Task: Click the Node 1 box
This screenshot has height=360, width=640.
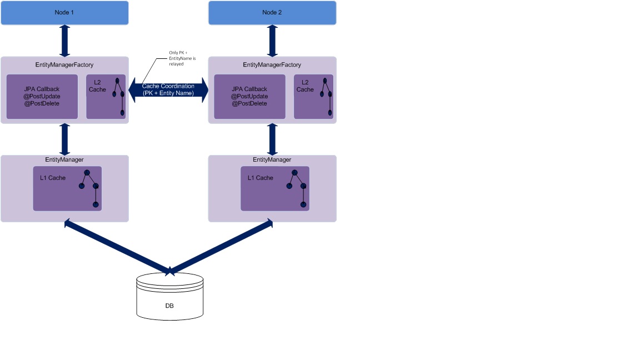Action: pyautogui.click(x=64, y=12)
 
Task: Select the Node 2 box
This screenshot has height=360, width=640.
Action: pyautogui.click(x=272, y=12)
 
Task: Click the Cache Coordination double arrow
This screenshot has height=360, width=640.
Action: pyautogui.click(x=168, y=89)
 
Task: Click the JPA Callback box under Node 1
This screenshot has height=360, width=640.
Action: pyautogui.click(x=42, y=96)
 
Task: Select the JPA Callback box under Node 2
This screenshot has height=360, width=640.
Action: pyautogui.click(x=249, y=96)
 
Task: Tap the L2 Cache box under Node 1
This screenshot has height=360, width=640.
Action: pyautogui.click(x=106, y=96)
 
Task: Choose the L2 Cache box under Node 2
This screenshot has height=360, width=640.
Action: pyautogui.click(x=313, y=96)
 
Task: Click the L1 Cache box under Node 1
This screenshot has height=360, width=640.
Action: pyautogui.click(x=67, y=188)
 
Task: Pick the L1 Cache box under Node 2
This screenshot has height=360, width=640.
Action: pyautogui.click(x=275, y=188)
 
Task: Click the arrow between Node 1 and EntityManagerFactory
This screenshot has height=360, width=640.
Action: pyautogui.click(x=65, y=41)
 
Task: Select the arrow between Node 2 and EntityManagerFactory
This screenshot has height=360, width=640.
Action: pyautogui.click(x=272, y=41)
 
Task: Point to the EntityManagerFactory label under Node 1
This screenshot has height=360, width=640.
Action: pyautogui.click(x=65, y=65)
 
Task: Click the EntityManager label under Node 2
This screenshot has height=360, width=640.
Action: pyautogui.click(x=272, y=160)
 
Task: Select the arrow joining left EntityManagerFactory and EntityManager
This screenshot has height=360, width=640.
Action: pyautogui.click(x=65, y=139)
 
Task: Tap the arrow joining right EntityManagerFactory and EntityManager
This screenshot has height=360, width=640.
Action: pyautogui.click(x=272, y=139)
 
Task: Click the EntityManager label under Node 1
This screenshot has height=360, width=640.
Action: pyautogui.click(x=64, y=160)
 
